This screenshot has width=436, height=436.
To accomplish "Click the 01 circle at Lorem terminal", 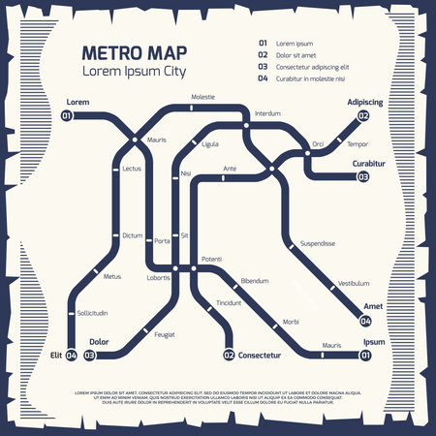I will point(67,116).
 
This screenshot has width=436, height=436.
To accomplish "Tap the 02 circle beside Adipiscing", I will point(363,116).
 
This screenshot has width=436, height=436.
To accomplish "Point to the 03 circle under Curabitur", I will point(363,177).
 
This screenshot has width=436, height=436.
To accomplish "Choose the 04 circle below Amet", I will point(365,321).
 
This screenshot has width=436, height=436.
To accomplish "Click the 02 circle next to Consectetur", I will point(230,356).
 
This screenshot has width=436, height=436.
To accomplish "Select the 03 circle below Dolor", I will point(89,356).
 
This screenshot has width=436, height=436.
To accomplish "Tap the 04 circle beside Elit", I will point(72,356).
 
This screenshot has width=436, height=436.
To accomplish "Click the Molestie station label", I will point(203,97).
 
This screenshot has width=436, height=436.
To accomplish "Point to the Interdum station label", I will point(267,113).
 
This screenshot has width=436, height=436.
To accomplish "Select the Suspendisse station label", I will point(318,243).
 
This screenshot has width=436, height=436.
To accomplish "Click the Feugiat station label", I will point(165,334).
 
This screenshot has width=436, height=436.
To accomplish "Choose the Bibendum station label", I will point(254,280).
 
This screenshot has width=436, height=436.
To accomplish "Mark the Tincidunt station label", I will point(230,302).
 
